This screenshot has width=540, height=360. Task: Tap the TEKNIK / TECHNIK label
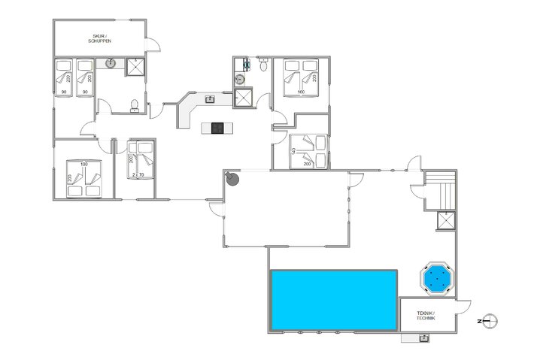(426, 316)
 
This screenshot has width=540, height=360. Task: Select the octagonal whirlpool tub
(435, 279)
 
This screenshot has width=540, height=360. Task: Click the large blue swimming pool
(333, 300)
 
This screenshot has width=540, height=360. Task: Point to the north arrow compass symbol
(489, 321)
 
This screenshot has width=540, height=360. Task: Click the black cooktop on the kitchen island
(219, 128)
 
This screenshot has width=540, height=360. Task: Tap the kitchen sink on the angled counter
(211, 98)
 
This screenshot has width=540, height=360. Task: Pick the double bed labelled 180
(84, 178)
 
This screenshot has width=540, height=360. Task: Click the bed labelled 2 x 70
(141, 160)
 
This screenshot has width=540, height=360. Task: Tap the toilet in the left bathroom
(134, 105)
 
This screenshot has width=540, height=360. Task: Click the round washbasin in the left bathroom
(111, 65)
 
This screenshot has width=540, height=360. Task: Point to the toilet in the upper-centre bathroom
(261, 66)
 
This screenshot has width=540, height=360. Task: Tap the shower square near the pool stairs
(447, 220)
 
